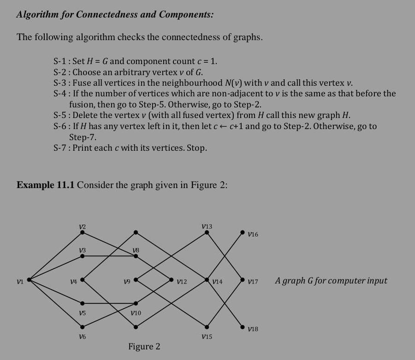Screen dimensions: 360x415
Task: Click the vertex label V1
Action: tap(19, 280)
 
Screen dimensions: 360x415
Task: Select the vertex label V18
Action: tap(253, 329)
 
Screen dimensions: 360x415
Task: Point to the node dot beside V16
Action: tap(243, 233)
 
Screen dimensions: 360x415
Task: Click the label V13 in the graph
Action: tap(207, 226)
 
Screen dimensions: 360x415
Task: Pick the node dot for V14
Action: tap(207, 280)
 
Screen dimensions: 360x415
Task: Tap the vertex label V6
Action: tap(82, 337)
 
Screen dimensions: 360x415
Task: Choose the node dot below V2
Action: tap(82, 233)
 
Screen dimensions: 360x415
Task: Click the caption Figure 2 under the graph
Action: tap(144, 347)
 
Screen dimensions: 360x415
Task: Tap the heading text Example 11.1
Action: tap(46, 185)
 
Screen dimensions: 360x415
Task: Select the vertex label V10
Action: tap(136, 313)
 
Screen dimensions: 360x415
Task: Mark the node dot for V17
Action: tap(243, 280)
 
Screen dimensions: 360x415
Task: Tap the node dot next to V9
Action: tap(136, 280)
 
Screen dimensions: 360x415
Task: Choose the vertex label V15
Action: tap(207, 337)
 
